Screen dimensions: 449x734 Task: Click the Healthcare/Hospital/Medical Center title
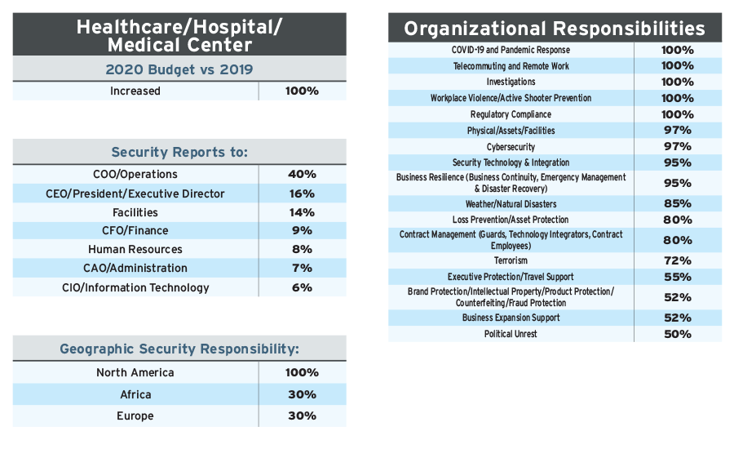pos(179,34)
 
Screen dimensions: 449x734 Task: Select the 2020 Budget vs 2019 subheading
pos(179,69)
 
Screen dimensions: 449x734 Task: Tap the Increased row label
pos(135,91)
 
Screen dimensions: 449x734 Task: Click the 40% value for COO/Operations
pos(302,174)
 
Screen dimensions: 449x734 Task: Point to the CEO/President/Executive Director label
pos(135,193)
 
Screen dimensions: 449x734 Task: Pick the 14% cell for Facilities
pos(302,212)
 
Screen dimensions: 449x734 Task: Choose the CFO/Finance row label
pos(135,230)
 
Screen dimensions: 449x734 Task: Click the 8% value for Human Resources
pos(302,249)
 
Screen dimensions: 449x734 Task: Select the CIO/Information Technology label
pos(135,287)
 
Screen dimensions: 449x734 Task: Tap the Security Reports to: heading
pos(179,152)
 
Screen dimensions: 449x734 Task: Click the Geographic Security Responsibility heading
pos(179,349)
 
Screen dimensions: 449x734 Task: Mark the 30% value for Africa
pos(302,394)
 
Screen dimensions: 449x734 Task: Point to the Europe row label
pos(135,416)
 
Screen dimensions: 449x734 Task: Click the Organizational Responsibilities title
pos(555,29)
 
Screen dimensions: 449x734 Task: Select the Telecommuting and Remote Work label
pos(511,66)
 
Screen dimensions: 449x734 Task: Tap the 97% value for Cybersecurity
pos(678,146)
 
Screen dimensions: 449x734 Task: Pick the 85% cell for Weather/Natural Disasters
pos(678,203)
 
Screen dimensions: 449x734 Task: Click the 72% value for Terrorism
pos(678,260)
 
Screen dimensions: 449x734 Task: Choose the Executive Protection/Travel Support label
pos(511,277)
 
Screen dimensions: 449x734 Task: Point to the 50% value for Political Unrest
pos(678,334)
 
